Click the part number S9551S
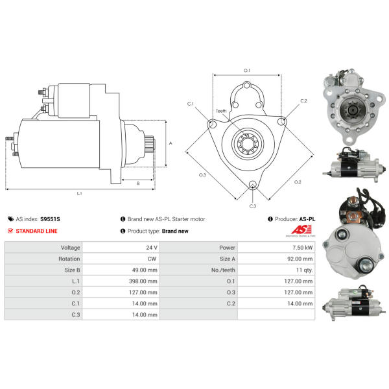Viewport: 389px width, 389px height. coord(50,219)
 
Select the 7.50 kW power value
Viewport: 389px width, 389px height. coord(302,248)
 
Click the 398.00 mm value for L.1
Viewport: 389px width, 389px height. coord(143,281)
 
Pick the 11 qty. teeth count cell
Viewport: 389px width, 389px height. coord(305,270)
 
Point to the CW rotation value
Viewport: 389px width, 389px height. coord(152,259)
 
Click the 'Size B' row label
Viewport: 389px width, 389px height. coord(72,270)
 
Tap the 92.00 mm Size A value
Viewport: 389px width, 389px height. coord(300,259)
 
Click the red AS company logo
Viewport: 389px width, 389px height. coord(301,230)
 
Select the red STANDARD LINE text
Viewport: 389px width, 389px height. coord(36,231)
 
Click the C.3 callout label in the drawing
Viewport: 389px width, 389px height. coord(253,206)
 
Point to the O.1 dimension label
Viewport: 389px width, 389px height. coord(247,71)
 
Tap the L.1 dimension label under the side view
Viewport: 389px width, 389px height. coord(79,193)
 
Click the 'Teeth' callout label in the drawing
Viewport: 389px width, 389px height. coord(221,111)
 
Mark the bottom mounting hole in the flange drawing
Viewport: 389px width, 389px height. coord(253,185)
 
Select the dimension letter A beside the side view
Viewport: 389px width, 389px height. coord(171,143)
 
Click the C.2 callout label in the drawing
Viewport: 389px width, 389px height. coord(303,100)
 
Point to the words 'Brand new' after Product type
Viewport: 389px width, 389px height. coord(175,231)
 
